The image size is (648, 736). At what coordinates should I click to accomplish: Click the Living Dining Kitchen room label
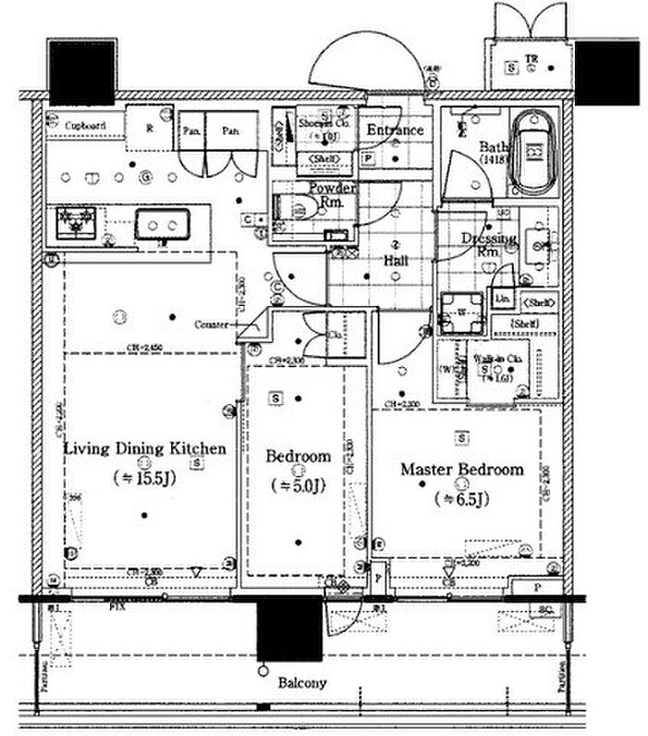point(144,450)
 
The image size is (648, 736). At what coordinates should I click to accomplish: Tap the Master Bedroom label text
point(461,470)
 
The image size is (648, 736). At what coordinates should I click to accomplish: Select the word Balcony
point(302,683)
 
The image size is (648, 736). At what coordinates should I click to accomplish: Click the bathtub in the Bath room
point(531,153)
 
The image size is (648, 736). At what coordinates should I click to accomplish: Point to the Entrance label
point(395,131)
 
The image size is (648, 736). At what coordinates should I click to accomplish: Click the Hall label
point(396,261)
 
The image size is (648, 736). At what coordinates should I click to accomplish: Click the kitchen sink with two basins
point(163,223)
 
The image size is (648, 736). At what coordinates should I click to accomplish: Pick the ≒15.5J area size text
point(144,478)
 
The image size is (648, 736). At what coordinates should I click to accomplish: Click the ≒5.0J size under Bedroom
point(298,485)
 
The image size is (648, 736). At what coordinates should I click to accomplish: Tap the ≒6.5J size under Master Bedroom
point(461,501)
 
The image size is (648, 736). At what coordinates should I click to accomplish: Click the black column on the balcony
point(289,628)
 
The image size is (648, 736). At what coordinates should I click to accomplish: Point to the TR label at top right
point(531,60)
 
